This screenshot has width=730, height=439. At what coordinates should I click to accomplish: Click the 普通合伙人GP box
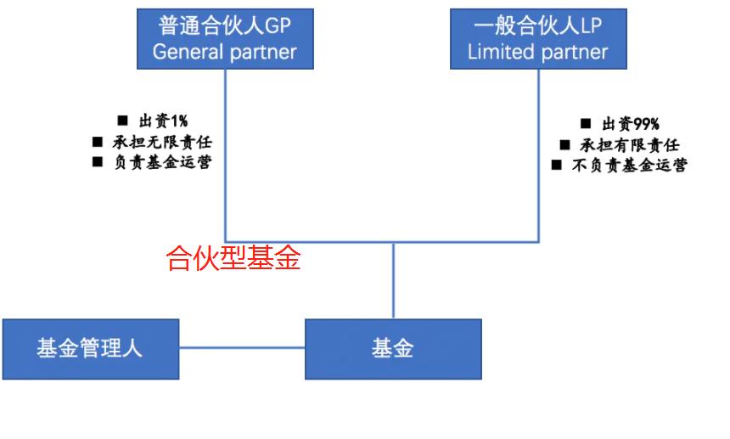[x=225, y=38]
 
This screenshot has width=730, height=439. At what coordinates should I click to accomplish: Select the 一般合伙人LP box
[x=538, y=38]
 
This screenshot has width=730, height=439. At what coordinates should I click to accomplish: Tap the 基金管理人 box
[x=90, y=349]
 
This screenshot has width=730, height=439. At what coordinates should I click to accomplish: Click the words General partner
[x=225, y=52]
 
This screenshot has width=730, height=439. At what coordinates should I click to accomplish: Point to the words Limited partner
[x=538, y=52]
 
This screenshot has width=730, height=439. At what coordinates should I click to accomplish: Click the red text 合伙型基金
[x=233, y=258]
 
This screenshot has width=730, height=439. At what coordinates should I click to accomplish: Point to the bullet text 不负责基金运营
[x=629, y=165]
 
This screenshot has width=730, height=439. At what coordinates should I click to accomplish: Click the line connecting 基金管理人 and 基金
[x=242, y=347]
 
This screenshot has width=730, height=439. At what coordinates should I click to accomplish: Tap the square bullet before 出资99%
[x=586, y=125]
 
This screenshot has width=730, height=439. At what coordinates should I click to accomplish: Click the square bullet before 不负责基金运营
[x=557, y=165]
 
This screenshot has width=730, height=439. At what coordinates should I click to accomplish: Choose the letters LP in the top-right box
[x=591, y=25]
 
